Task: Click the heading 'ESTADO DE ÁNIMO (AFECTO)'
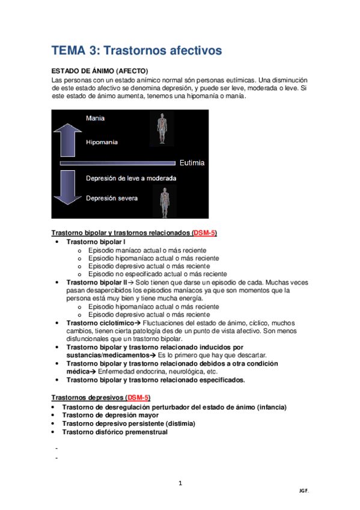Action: click(x=99, y=71)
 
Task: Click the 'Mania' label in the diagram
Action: click(x=95, y=118)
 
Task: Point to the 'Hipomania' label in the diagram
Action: click(x=102, y=143)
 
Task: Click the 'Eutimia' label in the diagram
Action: click(x=192, y=163)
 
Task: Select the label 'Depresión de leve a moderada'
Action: click(x=130, y=178)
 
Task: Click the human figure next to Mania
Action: click(x=160, y=127)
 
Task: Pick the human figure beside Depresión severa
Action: click(x=163, y=201)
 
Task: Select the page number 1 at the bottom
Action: click(x=180, y=483)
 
